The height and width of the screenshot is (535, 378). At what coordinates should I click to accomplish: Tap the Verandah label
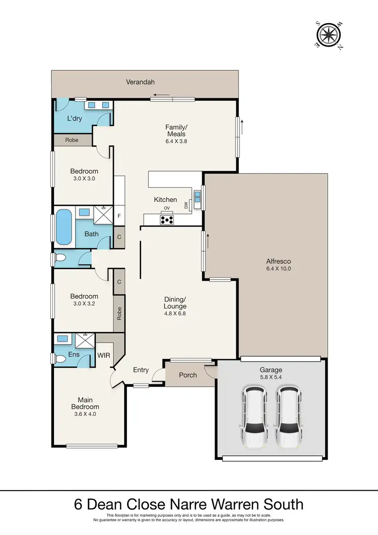point(140,82)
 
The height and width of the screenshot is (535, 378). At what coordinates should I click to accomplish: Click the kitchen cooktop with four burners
point(167,220)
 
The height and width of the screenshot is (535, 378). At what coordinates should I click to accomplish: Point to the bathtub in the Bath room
point(64,227)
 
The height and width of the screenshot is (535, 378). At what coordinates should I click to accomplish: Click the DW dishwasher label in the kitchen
point(186,205)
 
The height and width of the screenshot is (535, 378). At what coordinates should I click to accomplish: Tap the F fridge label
point(119,216)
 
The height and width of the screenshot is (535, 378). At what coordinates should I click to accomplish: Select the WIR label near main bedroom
point(103,355)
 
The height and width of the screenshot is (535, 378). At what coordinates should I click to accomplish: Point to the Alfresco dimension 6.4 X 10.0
point(279,269)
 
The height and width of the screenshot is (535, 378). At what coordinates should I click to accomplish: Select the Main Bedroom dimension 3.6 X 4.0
point(85,414)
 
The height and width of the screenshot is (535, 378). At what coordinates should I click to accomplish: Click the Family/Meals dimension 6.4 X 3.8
point(176,141)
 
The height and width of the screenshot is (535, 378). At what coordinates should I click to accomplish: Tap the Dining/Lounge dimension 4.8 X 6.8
point(175,313)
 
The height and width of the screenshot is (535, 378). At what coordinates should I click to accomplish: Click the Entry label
point(141,370)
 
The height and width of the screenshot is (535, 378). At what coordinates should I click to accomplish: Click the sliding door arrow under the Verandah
point(162,94)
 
